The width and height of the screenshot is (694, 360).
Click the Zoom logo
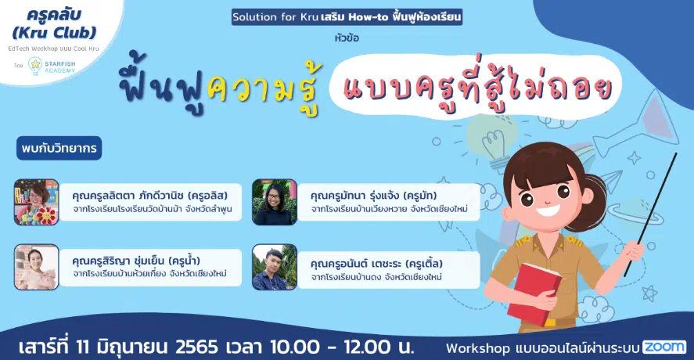tap(664, 347)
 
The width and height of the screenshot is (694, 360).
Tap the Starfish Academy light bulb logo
tap(35, 66)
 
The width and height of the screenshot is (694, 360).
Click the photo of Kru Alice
tap(36, 202)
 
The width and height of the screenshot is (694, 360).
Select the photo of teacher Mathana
tap(275, 202)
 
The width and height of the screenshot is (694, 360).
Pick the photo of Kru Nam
tap(36, 267)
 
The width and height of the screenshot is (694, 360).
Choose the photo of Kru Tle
tap(275, 267)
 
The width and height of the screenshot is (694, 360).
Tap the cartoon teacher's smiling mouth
tap(548, 210)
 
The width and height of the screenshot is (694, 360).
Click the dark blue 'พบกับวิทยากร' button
tap(59, 148)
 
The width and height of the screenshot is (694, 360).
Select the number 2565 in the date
tap(197, 347)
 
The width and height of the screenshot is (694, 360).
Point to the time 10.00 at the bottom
tap(295, 347)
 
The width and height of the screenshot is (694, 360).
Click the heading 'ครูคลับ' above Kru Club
tap(55, 15)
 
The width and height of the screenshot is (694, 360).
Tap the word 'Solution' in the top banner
tap(254, 17)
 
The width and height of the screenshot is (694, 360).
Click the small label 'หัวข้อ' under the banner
tap(347, 38)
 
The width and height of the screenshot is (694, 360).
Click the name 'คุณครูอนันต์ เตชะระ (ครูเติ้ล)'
tap(376, 264)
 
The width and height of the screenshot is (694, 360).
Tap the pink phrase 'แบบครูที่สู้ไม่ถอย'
tap(477, 86)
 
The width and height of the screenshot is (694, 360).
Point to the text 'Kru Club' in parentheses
tap(55, 32)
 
